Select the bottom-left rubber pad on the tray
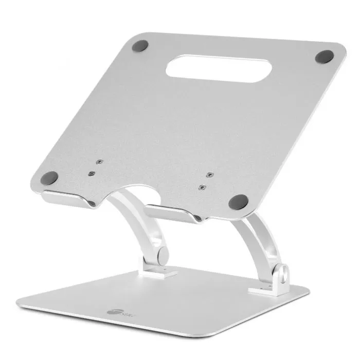point(50,178)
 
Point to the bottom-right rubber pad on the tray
point(238,201)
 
